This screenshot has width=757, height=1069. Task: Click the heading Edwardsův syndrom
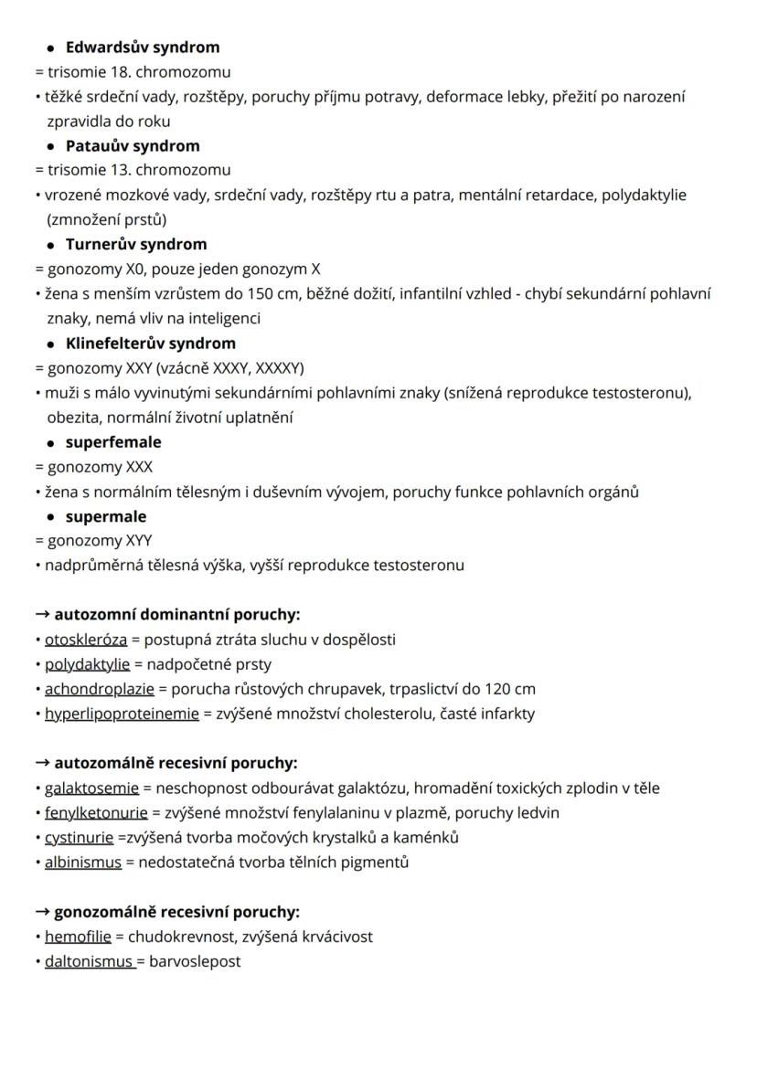(x=142, y=47)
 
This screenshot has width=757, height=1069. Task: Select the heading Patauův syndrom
(x=132, y=145)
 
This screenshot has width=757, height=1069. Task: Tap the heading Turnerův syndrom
(x=135, y=244)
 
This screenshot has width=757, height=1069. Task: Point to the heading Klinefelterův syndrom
(x=150, y=344)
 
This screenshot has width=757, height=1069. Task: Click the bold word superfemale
(x=112, y=442)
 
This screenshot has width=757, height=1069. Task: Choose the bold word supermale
(x=105, y=516)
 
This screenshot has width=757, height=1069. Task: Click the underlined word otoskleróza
(x=86, y=640)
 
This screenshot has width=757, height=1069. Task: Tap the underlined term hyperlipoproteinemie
(x=122, y=714)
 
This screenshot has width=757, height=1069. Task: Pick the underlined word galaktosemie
(x=91, y=788)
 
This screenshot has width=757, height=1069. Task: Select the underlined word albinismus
(x=83, y=862)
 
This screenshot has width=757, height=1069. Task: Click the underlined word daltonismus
(x=90, y=961)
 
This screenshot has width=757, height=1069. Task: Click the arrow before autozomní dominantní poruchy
(x=42, y=615)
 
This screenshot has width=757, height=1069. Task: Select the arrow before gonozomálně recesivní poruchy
(x=42, y=911)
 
